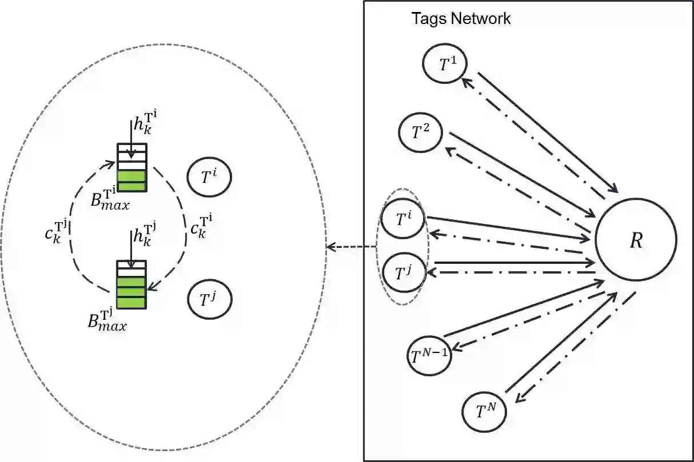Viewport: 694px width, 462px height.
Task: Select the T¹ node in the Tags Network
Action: click(444, 64)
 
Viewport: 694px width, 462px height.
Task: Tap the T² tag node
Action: click(420, 132)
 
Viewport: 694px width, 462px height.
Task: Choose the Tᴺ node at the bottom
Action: click(484, 411)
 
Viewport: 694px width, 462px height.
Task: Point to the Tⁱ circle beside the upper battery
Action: click(209, 178)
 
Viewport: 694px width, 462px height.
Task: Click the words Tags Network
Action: click(461, 19)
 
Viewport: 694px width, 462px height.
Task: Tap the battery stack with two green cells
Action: click(132, 167)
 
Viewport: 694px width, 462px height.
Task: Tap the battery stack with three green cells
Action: click(131, 284)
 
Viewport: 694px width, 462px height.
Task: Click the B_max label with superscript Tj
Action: click(109, 320)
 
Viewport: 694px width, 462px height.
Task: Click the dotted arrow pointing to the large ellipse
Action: click(350, 247)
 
